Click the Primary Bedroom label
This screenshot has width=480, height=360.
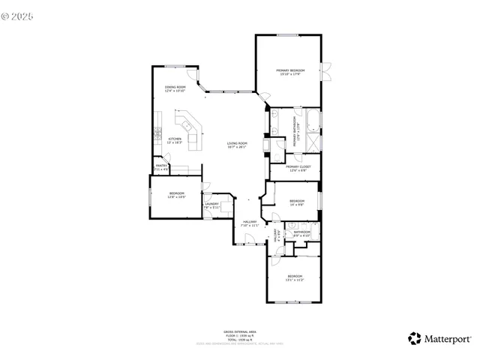291,72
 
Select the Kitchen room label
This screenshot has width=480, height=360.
174,140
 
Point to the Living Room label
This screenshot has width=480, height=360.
237,145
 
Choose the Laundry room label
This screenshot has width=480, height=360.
211,205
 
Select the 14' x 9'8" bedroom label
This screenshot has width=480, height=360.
297,202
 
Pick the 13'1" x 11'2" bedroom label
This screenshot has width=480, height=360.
294,279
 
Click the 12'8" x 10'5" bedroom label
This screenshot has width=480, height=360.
176,196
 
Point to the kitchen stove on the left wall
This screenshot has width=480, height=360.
157,135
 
